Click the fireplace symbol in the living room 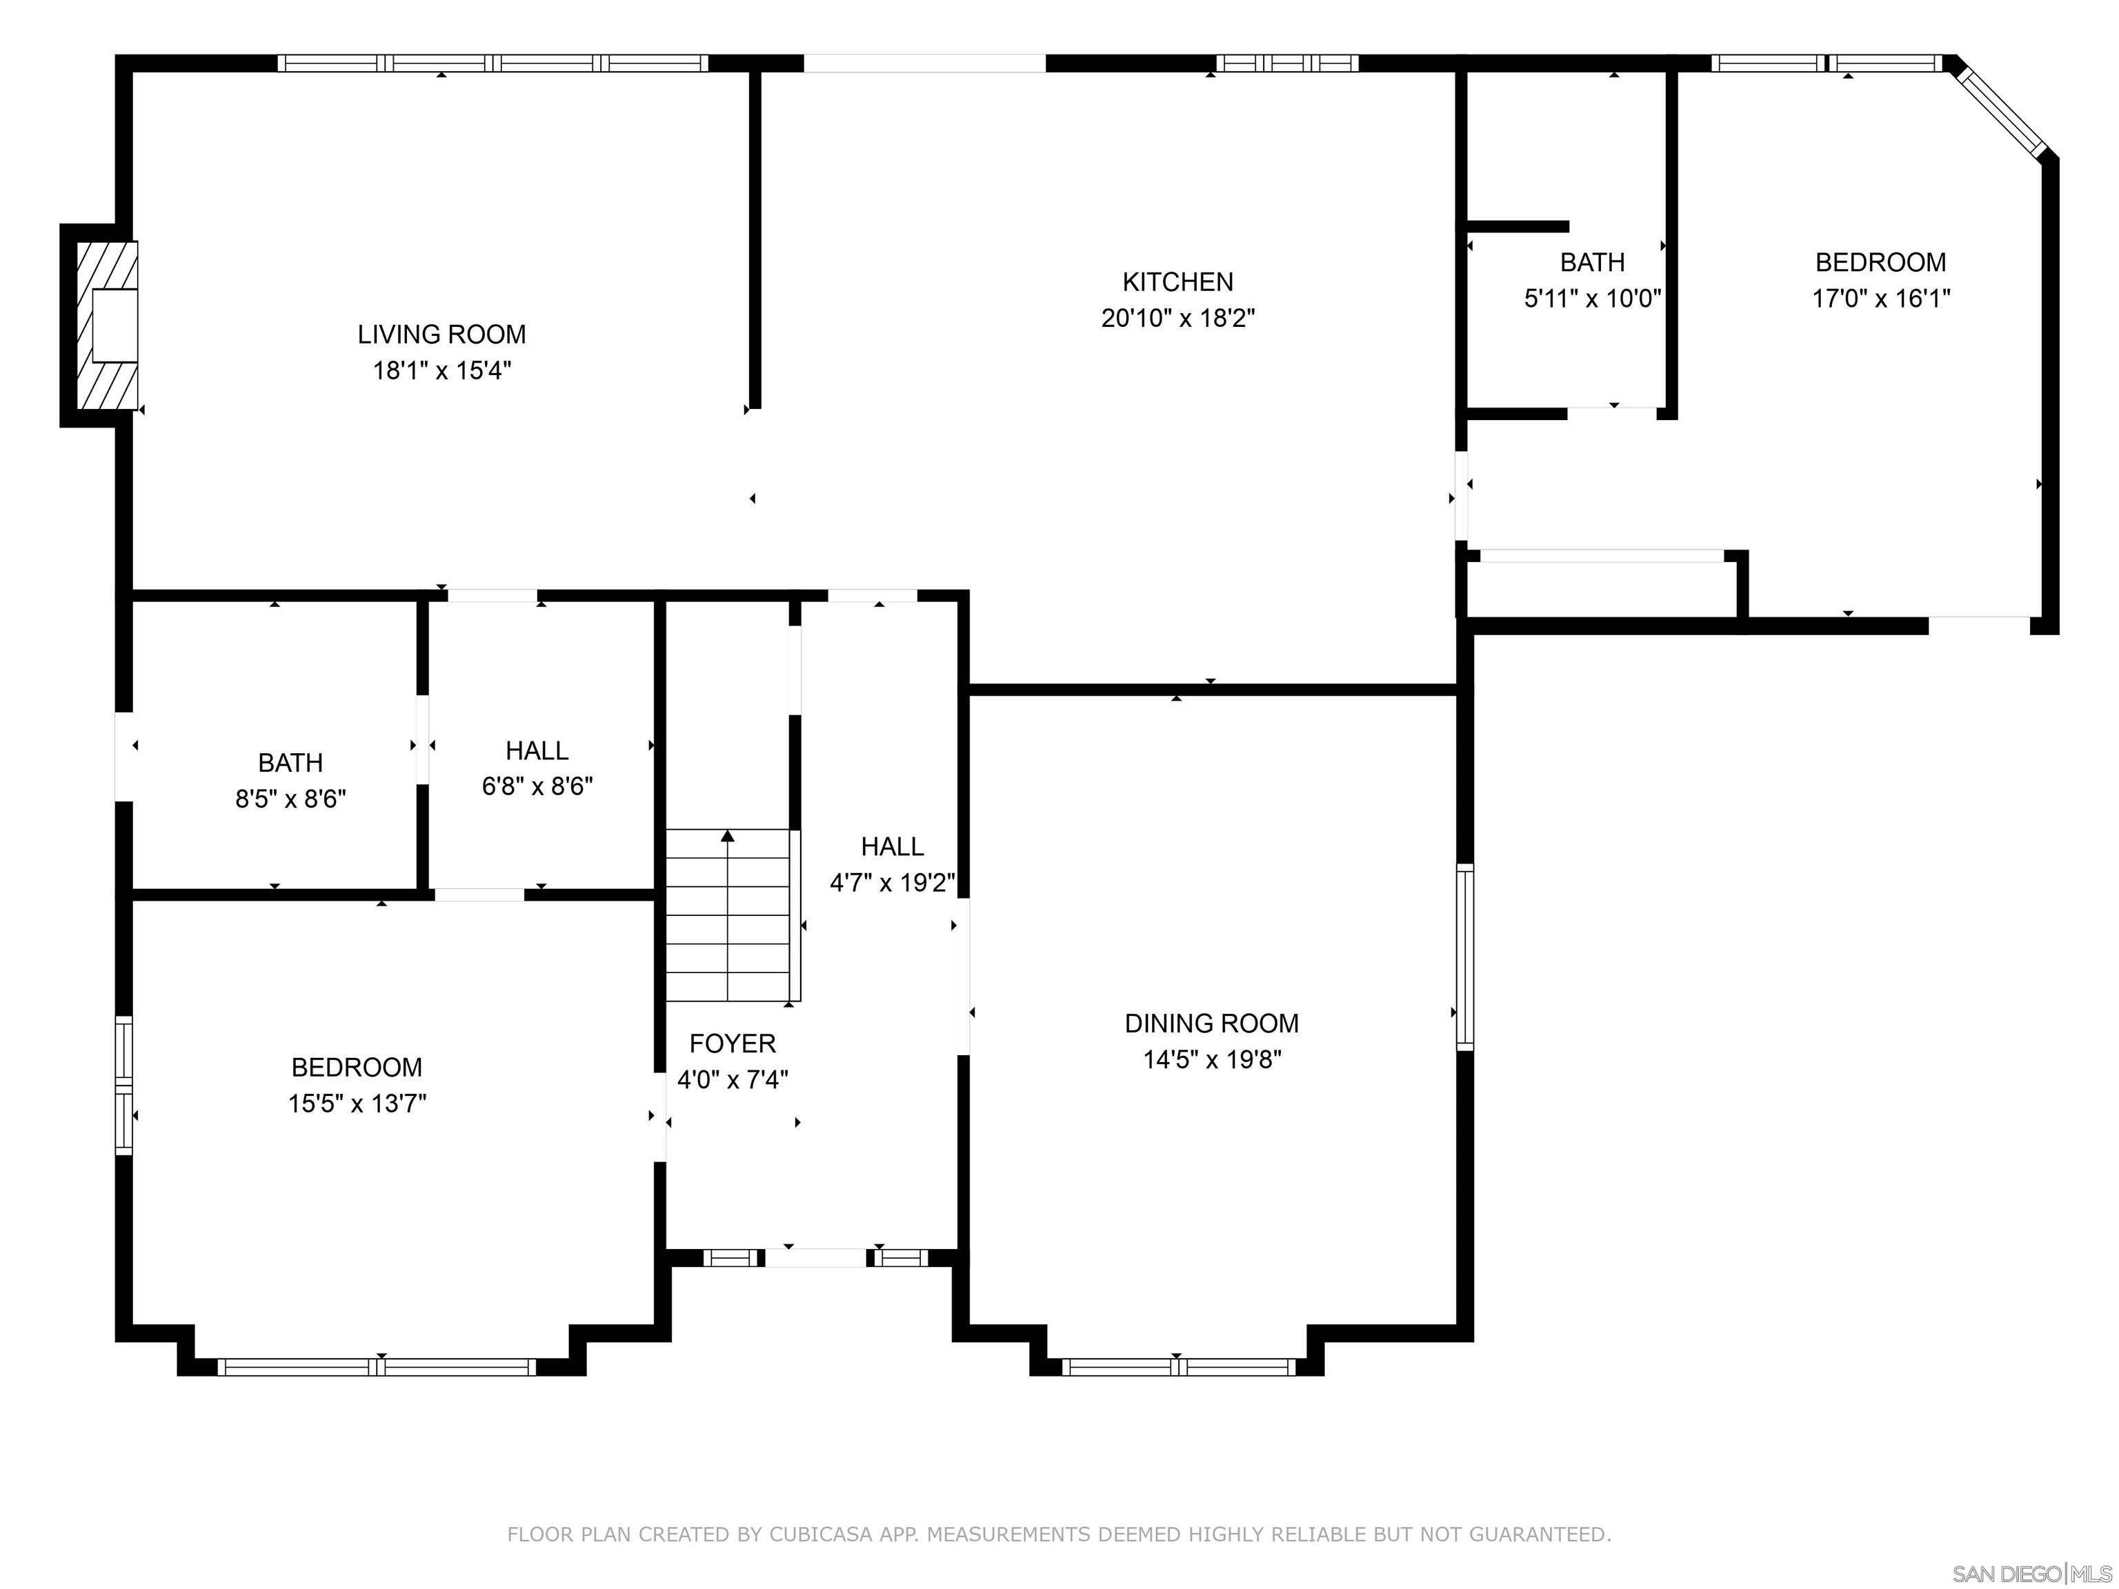click(108, 326)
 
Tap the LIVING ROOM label click(441, 334)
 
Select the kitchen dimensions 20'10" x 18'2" click(1177, 318)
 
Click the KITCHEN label click(1177, 281)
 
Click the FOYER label click(732, 1043)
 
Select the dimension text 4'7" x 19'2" click(892, 882)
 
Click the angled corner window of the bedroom click(2003, 112)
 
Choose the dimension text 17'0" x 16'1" click(1880, 298)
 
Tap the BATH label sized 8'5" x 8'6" click(290, 762)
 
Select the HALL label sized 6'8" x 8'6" click(537, 750)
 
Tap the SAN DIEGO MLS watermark click(2031, 1572)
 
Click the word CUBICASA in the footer click(820, 1535)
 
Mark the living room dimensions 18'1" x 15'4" click(441, 370)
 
